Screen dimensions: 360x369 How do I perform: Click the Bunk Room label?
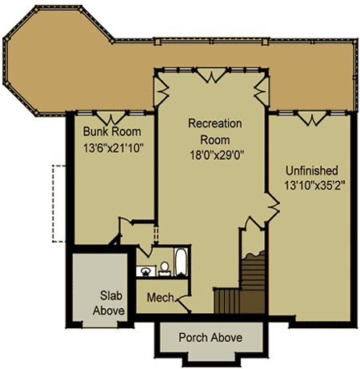[x=112, y=131]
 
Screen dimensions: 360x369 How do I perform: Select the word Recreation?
[x=215, y=123]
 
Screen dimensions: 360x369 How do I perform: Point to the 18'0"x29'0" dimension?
[x=217, y=155]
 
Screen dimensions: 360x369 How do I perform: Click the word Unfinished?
[x=312, y=170]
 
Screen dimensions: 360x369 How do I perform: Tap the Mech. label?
[x=161, y=297]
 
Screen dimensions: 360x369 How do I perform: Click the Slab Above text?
[x=109, y=303]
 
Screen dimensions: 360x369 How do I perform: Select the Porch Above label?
[x=210, y=338]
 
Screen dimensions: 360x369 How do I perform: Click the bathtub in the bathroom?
[x=181, y=262]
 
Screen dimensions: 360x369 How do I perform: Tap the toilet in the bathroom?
[x=165, y=268]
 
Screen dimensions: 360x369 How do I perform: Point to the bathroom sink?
[x=146, y=271]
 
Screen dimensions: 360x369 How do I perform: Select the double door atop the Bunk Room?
[x=110, y=118]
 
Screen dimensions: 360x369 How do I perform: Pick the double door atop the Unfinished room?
[x=312, y=118]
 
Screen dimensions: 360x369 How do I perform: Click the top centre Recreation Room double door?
[x=212, y=75]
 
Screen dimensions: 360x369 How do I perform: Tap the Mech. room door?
[x=182, y=303]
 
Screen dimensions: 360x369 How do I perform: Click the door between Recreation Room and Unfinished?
[x=272, y=207]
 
